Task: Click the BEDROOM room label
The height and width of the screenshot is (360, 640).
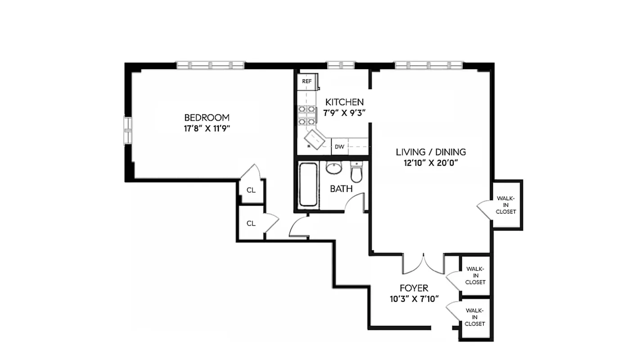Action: (x=207, y=117)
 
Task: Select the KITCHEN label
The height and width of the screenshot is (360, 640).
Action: (x=344, y=102)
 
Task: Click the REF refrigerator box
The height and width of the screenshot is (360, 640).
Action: (x=307, y=81)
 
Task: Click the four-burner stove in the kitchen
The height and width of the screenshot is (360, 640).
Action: (x=306, y=116)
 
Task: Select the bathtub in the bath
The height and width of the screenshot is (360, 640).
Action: (x=308, y=185)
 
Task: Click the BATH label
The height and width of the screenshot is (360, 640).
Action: (x=341, y=189)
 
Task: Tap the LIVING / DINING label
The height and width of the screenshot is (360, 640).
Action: (x=431, y=152)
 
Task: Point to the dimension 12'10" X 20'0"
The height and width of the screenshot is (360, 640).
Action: (x=431, y=163)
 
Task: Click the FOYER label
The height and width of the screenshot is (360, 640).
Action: (x=414, y=288)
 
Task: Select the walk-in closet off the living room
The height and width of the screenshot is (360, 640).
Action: (x=506, y=205)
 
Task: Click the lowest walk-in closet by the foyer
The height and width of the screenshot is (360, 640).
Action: (x=475, y=317)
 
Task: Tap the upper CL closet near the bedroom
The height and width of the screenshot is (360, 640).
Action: (x=251, y=190)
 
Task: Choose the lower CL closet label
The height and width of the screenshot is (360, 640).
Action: (x=251, y=223)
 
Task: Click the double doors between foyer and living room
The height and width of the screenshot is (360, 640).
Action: (x=424, y=265)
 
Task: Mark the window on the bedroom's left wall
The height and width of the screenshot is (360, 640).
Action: (x=128, y=130)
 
